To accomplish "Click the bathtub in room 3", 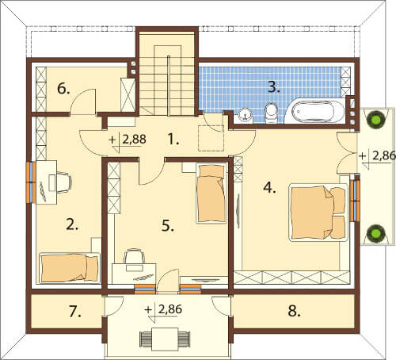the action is click(x=314, y=112).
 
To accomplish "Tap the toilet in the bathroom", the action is click(x=271, y=113).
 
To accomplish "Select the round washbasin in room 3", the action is click(x=246, y=115).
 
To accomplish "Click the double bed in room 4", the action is click(x=318, y=213).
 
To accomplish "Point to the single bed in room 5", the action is click(x=211, y=193).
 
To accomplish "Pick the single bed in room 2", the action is click(x=70, y=268).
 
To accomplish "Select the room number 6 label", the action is click(x=63, y=89).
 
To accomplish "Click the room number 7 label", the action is click(x=75, y=312).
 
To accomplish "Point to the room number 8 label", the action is click(x=294, y=311).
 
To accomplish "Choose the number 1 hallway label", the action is click(x=173, y=139).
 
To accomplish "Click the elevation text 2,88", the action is click(x=135, y=140).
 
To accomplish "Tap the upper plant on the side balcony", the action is click(x=376, y=121).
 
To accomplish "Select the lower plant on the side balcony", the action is click(x=376, y=233).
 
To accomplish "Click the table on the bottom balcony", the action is click(x=165, y=337).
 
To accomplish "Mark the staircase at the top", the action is click(x=167, y=74).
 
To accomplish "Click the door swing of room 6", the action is click(x=82, y=101).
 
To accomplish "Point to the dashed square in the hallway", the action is click(x=211, y=138).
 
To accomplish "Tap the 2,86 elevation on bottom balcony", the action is click(x=170, y=309).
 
